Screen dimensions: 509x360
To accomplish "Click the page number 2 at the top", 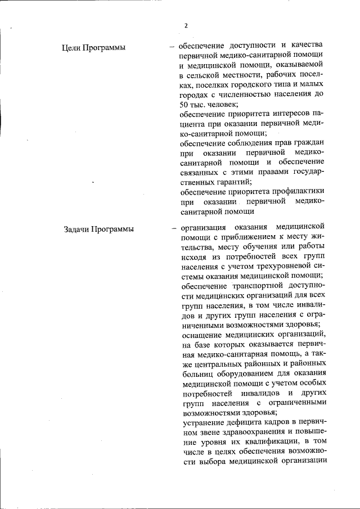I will click(185, 25).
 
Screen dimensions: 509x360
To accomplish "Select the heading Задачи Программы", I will click(99, 228).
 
